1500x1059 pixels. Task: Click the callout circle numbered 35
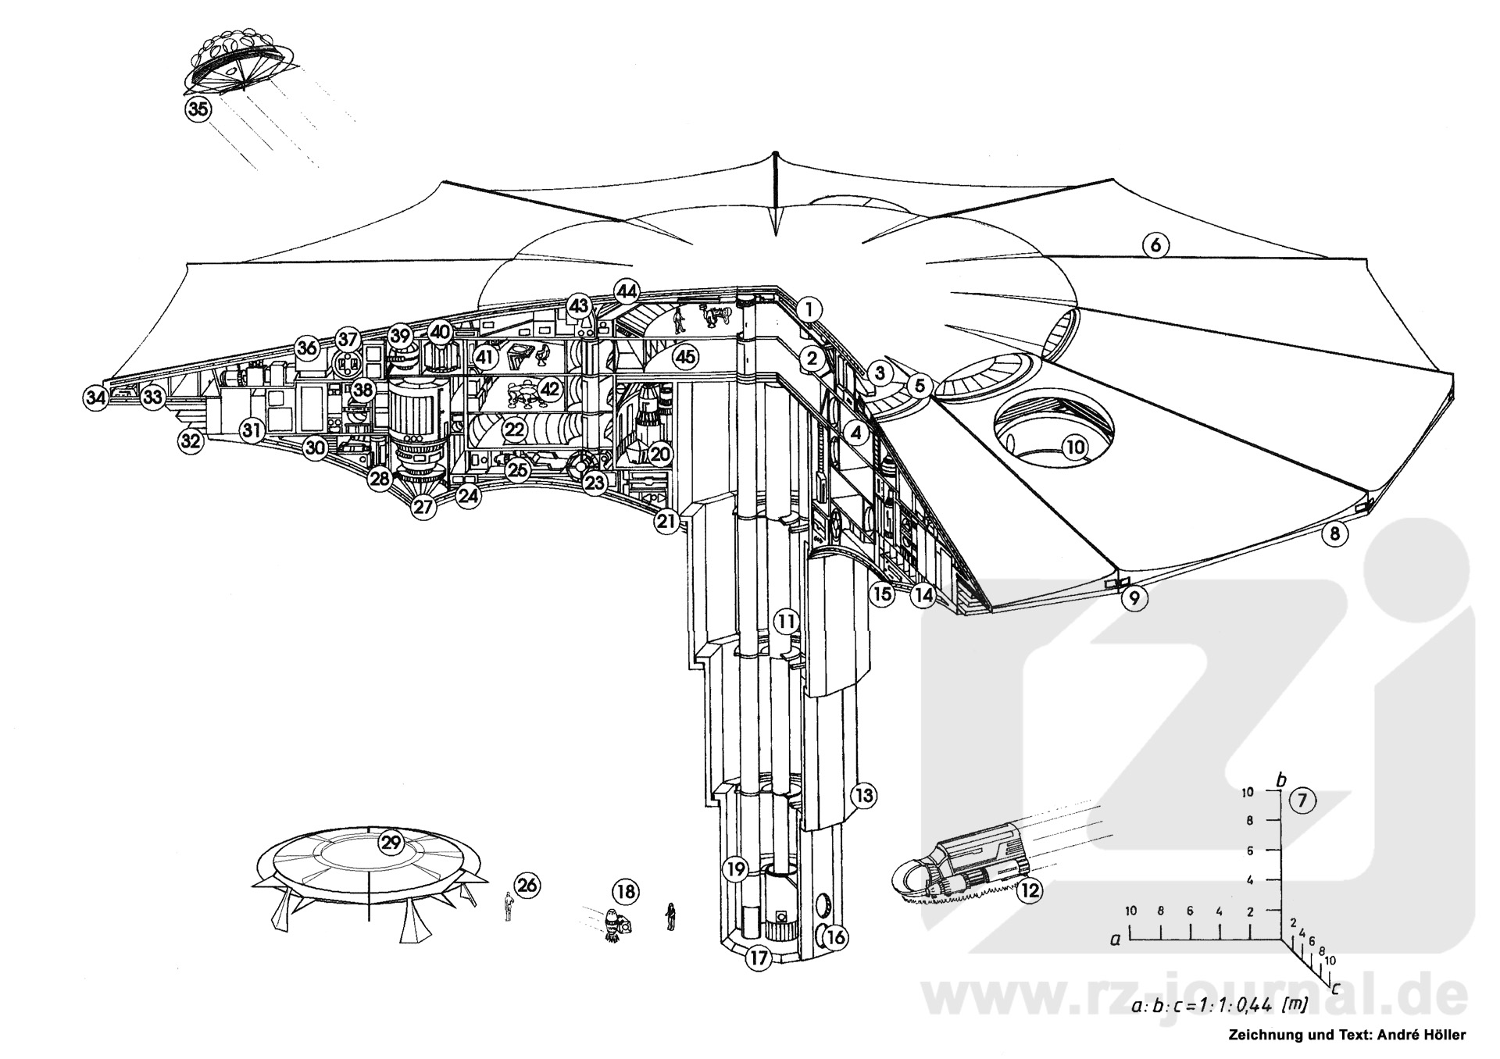tap(198, 109)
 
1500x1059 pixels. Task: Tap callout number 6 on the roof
tap(1155, 245)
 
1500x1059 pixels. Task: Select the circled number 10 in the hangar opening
tap(1076, 447)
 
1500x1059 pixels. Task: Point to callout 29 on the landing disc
tap(390, 843)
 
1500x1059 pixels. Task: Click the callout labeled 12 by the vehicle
tap(1030, 890)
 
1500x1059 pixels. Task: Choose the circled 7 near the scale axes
tap(1302, 800)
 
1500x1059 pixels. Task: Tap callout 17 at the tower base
tap(758, 958)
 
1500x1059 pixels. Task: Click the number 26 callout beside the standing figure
tap(527, 885)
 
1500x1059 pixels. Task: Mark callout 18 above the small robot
tap(625, 891)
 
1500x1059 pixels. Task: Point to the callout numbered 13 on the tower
tap(862, 797)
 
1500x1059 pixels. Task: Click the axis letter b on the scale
tap(1280, 780)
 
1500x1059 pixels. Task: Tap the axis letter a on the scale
tap(1116, 940)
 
